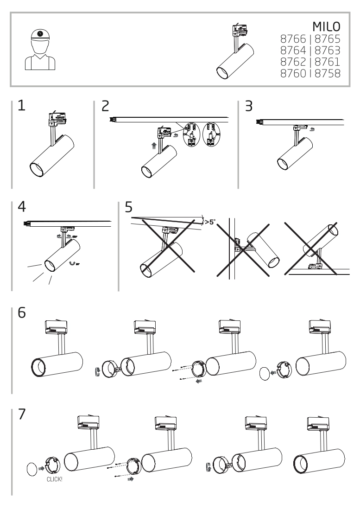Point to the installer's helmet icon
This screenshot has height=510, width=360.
40,35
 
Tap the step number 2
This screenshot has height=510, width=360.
106,106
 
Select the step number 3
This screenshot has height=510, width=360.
249,106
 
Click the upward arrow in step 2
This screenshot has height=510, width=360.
154,145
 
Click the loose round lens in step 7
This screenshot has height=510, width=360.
32,469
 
